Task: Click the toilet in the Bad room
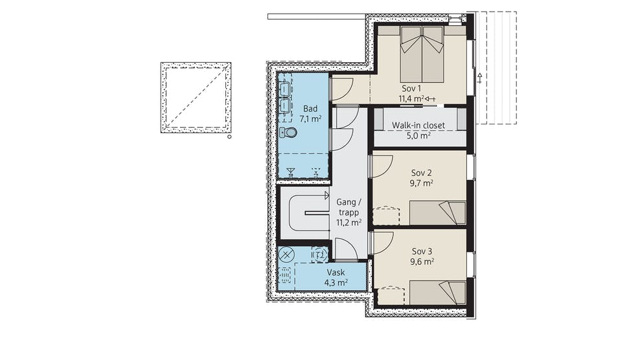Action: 288,132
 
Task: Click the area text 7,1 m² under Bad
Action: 310,118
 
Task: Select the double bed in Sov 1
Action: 422,54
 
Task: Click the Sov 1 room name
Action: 411,88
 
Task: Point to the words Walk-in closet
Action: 418,126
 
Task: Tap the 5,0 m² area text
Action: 418,135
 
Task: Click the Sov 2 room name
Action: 422,173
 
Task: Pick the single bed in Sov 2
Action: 437,212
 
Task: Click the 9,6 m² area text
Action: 422,262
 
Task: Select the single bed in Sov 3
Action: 437,292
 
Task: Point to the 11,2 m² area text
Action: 349,223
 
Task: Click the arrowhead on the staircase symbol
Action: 326,195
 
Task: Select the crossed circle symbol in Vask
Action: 286,254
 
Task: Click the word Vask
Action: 336,272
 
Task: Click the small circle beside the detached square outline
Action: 229,137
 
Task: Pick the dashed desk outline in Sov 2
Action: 385,216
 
